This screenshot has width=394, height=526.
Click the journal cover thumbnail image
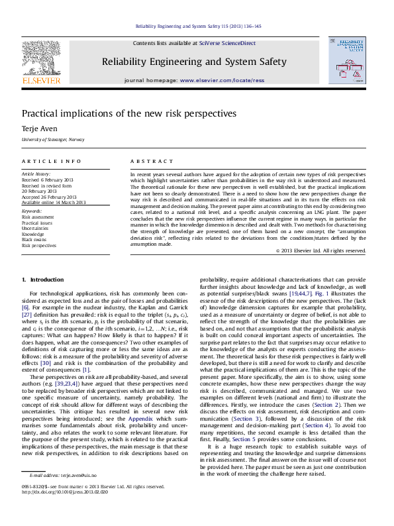point(346,60)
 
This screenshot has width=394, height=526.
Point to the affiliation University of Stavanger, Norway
point(53,140)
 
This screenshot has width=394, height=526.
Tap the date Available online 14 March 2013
point(54,202)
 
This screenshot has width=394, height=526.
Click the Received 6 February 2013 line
point(48,180)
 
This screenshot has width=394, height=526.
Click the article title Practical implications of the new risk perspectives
point(129,113)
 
